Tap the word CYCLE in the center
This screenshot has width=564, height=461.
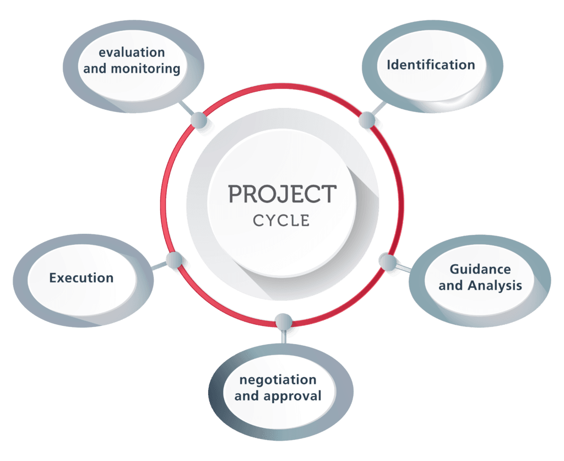[x=281, y=221]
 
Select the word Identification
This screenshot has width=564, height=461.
[x=431, y=65]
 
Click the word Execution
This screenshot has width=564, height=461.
[x=82, y=278]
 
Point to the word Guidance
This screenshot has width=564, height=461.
[x=480, y=269]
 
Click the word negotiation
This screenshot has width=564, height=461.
[x=278, y=379]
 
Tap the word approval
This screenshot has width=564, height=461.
[x=292, y=396]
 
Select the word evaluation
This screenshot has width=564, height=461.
[x=132, y=52]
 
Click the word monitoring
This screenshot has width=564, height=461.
[x=145, y=69]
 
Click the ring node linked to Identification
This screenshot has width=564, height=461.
[x=367, y=120]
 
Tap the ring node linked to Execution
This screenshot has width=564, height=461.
[x=175, y=260]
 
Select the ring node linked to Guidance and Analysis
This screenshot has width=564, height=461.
[x=388, y=261]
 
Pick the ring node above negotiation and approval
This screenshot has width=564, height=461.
[x=284, y=321]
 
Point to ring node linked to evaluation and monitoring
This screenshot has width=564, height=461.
[x=198, y=120]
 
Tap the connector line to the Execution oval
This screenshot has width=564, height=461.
[x=159, y=266]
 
